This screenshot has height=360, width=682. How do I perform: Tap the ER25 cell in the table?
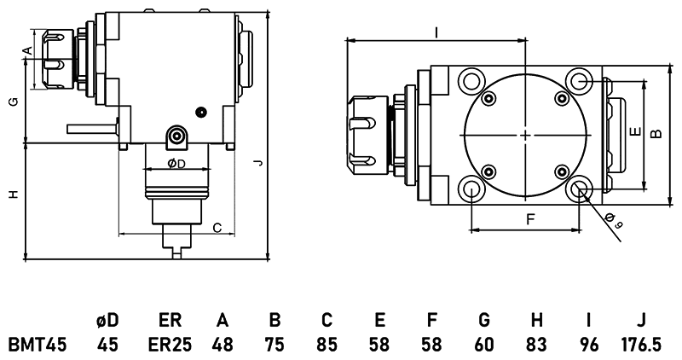pos(169,345)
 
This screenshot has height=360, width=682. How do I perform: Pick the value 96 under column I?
pos(589,345)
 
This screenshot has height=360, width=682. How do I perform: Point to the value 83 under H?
pos(537,345)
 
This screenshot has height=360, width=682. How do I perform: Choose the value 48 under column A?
pos(223,345)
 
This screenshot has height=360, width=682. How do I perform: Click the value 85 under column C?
pos(327,345)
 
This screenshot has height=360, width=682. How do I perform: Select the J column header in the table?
pos(640,321)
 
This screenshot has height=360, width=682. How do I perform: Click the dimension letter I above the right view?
pos(436,32)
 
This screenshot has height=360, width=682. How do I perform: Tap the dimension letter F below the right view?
pos(529,220)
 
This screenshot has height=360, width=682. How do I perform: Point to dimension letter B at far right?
pos(655,133)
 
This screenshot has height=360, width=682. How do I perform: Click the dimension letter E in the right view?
pos(632,133)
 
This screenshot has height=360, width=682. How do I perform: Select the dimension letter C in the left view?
pos(217,227)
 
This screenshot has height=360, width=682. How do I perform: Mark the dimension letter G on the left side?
pos(13,102)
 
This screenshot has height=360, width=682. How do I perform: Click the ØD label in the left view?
pos(176,163)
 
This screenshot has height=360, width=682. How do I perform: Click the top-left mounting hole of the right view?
pos(471,81)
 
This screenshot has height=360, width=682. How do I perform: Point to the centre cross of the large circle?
pos(526,135)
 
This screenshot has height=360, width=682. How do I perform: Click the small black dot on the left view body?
pos(201,111)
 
